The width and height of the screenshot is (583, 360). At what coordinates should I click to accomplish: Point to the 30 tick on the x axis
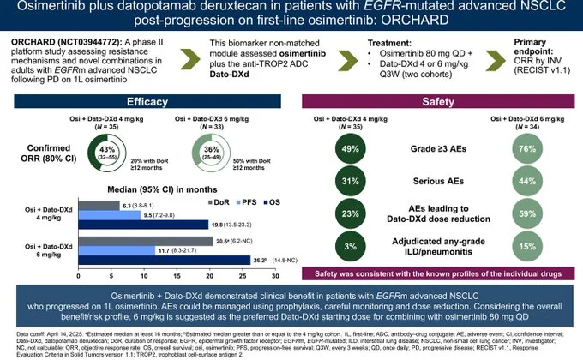click(274, 275)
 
